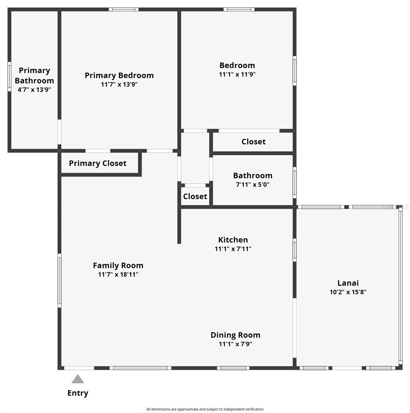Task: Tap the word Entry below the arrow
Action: pyautogui.click(x=78, y=393)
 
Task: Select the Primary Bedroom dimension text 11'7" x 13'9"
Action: pyautogui.click(x=119, y=84)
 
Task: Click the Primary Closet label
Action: pyautogui.click(x=97, y=163)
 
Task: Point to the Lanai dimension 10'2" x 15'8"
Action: pyautogui.click(x=348, y=292)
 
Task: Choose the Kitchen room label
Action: pyautogui.click(x=233, y=240)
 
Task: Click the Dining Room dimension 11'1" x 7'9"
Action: pyautogui.click(x=235, y=344)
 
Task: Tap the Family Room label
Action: pyautogui.click(x=118, y=266)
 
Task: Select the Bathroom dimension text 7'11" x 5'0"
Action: pyautogui.click(x=253, y=184)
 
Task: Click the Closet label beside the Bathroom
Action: pyautogui.click(x=195, y=196)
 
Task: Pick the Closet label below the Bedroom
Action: pyautogui.click(x=254, y=142)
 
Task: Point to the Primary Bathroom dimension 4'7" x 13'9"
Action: pyautogui.click(x=34, y=89)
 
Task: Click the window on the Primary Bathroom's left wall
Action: pyautogui.click(x=9, y=76)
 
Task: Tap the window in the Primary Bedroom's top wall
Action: pyautogui.click(x=124, y=9)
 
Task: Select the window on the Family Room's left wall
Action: pyautogui.click(x=60, y=281)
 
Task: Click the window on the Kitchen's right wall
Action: pyautogui.click(x=295, y=250)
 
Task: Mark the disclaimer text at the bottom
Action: pyautogui.click(x=205, y=409)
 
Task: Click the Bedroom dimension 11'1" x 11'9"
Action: pyautogui.click(x=237, y=74)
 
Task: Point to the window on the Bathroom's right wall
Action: pyautogui.click(x=295, y=183)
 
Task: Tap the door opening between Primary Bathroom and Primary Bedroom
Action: pyautogui.click(x=60, y=132)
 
